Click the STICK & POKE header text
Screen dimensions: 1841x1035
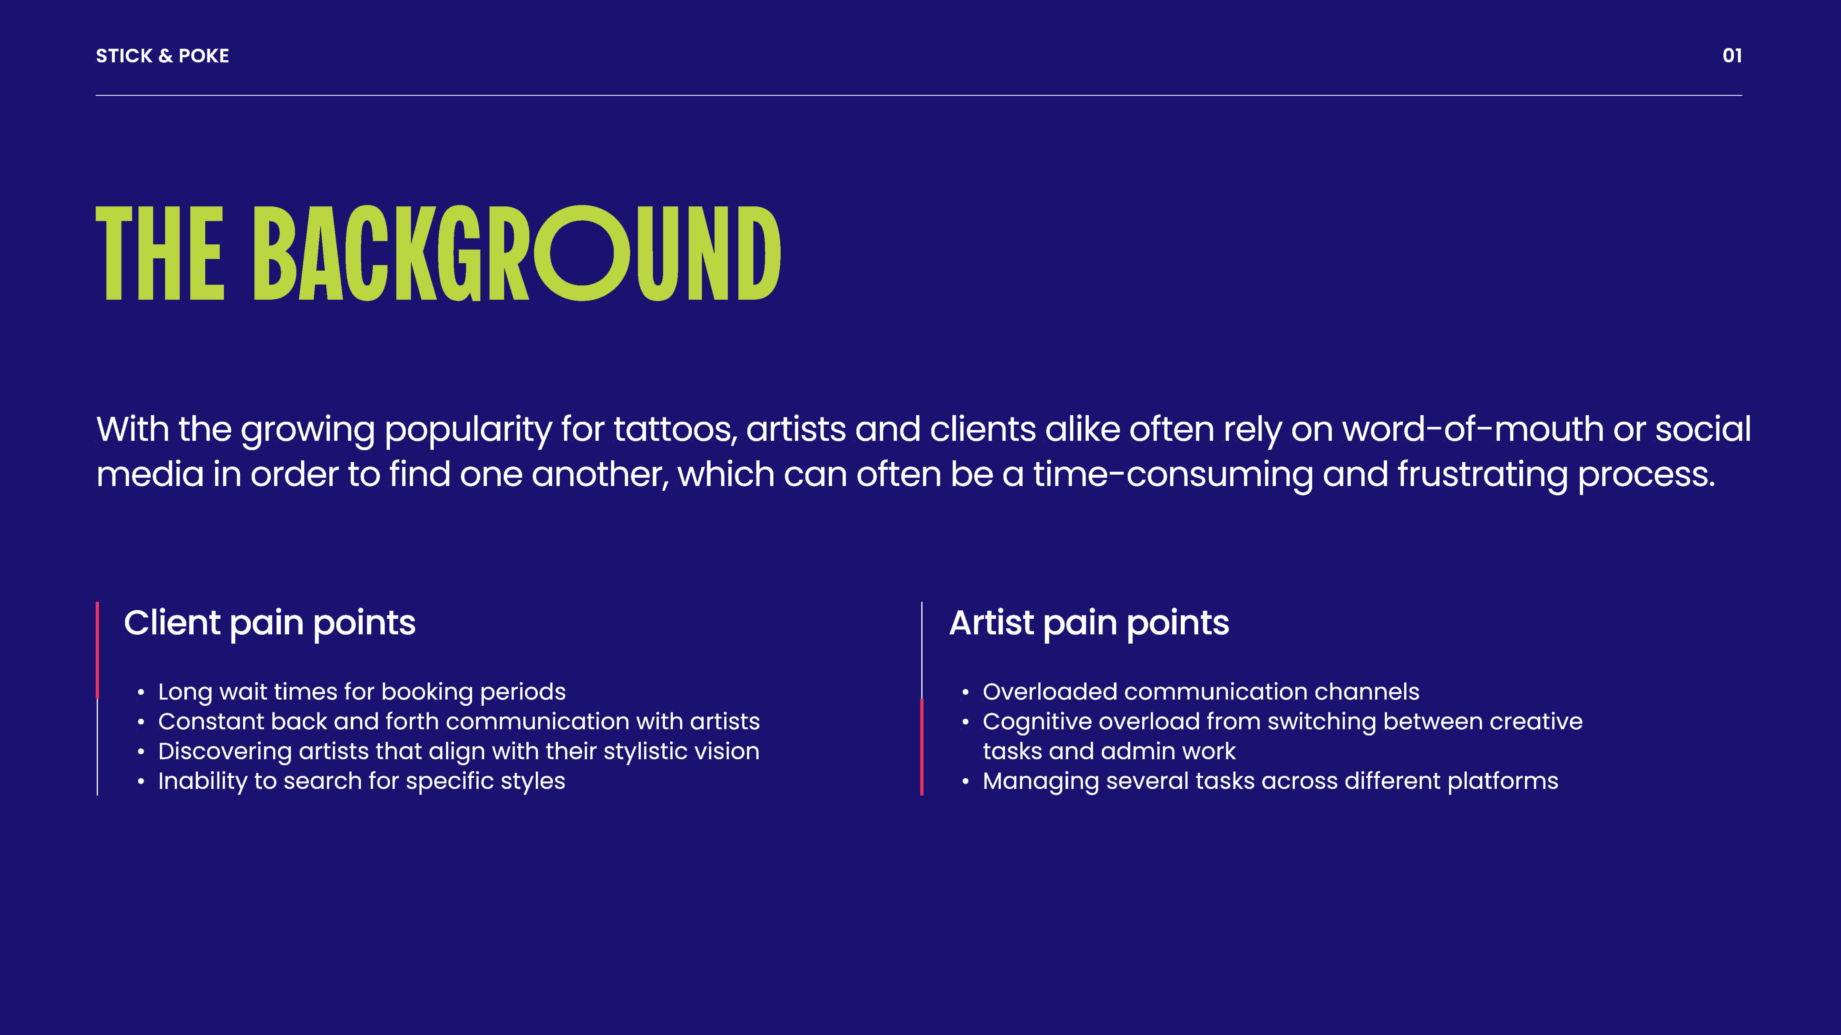(162, 56)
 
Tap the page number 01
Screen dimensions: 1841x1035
(1732, 56)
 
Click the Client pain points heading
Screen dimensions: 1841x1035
(270, 623)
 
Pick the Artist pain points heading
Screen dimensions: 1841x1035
(1089, 623)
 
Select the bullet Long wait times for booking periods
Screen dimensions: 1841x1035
(362, 691)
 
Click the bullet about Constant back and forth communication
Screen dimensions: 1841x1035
(459, 721)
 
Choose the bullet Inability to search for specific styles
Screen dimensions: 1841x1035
(362, 781)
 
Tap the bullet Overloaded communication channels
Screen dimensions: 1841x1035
(1201, 691)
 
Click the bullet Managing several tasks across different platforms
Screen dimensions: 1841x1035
(1270, 781)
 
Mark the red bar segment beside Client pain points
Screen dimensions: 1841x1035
(97, 650)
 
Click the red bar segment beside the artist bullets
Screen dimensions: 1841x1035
(922, 747)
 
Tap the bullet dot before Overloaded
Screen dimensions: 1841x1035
(965, 692)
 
